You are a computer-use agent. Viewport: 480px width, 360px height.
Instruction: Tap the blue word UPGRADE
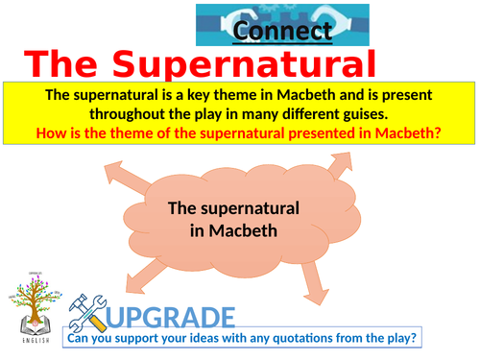point(171,317)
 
